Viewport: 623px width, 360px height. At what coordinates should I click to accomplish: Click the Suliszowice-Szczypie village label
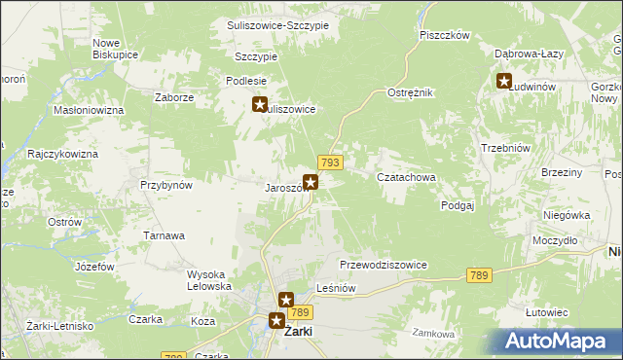pyautogui.click(x=277, y=25)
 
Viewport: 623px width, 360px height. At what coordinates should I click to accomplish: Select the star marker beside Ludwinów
pyautogui.click(x=504, y=82)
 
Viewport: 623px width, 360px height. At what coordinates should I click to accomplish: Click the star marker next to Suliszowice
pyautogui.click(x=260, y=105)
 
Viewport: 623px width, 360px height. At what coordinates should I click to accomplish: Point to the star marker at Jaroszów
pyautogui.click(x=311, y=181)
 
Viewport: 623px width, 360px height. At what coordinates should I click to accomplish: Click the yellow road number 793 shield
pyautogui.click(x=328, y=162)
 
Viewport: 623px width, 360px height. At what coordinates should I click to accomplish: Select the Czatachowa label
pyautogui.click(x=405, y=177)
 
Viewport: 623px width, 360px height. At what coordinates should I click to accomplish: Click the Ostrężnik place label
pyautogui.click(x=410, y=91)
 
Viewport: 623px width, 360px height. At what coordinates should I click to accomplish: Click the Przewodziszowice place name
pyautogui.click(x=384, y=265)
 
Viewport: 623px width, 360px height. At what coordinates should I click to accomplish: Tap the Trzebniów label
pyautogui.click(x=504, y=148)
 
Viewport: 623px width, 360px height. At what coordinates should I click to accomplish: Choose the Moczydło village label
pyautogui.click(x=556, y=239)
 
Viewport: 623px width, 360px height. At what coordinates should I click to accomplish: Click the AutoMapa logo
pyautogui.click(x=562, y=342)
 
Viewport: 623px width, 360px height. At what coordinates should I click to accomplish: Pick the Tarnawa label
pyautogui.click(x=165, y=235)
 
